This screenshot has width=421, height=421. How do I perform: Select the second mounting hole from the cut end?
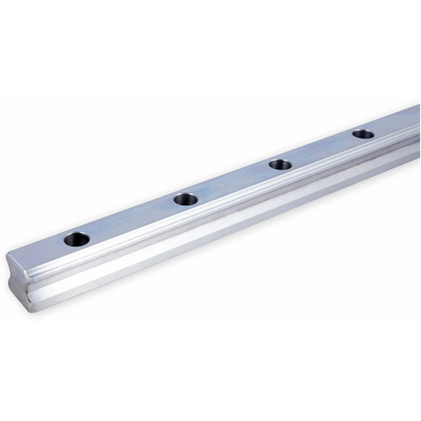coord(185,199)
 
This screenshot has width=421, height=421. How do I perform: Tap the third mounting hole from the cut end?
coord(280,164)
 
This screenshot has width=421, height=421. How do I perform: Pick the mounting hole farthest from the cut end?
coord(363,134)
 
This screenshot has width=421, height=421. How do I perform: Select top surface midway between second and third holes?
coord(232,182)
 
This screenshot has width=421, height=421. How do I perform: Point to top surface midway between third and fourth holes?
coord(322,149)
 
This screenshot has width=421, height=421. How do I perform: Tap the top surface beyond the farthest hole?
coord(397,123)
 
